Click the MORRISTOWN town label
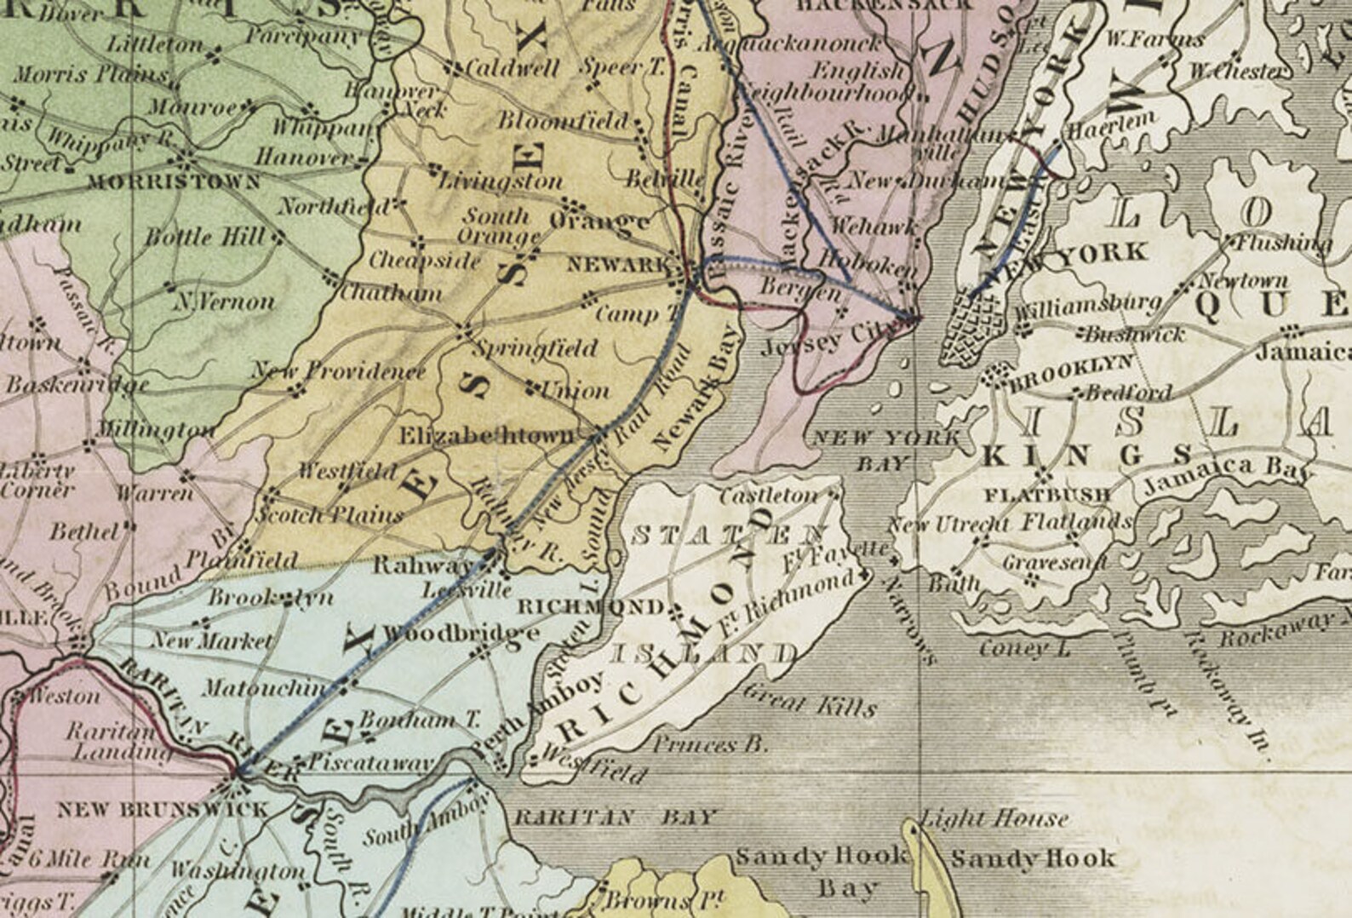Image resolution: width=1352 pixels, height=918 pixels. [174, 181]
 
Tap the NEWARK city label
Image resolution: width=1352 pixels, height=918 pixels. [618, 265]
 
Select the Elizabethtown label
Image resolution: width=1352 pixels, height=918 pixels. [487, 436]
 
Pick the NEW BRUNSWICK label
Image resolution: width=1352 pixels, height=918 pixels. [162, 809]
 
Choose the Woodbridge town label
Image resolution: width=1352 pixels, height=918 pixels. [461, 633]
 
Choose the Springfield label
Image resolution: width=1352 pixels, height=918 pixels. [536, 348]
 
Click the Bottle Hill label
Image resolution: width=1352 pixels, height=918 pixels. [204, 237]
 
